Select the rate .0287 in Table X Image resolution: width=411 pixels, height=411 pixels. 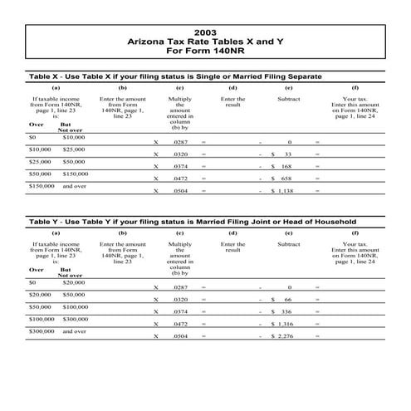[180, 143]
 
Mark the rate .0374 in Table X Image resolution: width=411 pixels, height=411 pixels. [180, 166]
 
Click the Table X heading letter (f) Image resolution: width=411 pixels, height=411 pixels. [355, 87]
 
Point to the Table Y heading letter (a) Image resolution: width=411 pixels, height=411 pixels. [56, 233]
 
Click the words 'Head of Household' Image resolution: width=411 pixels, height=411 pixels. [318, 222]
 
